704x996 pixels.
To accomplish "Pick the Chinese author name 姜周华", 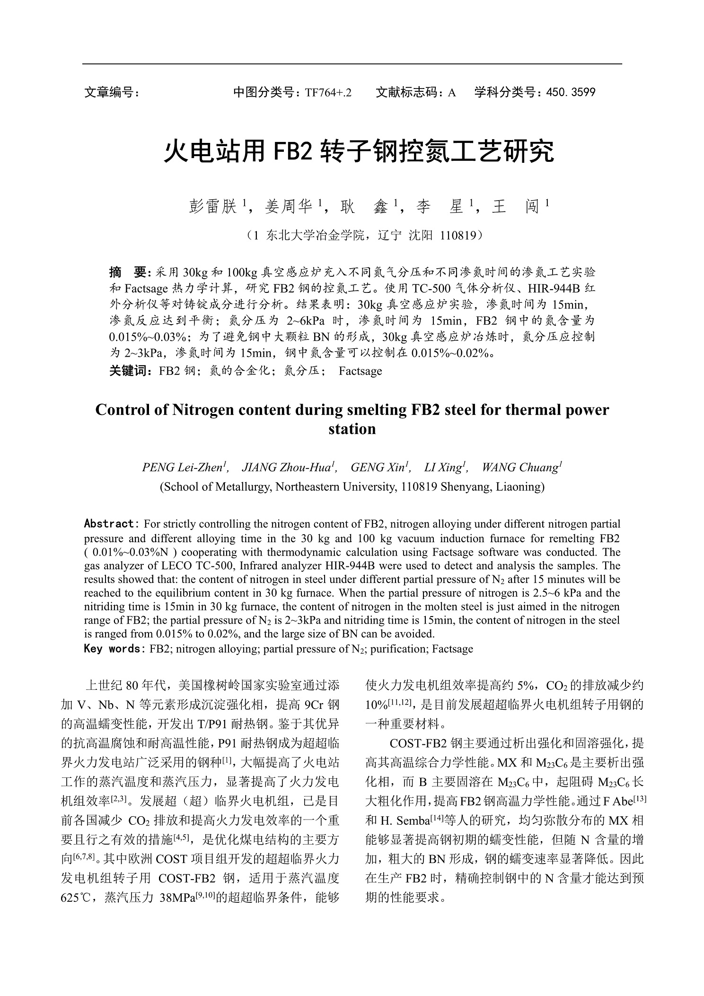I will coord(289,207).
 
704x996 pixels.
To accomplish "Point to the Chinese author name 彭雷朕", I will coord(212,207).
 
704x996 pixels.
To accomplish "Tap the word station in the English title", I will coord(352,429).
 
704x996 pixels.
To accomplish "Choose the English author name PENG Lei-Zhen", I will coord(182,467).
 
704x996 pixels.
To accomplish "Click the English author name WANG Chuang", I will coord(520,467).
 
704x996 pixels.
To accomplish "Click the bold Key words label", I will coord(112,649).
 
